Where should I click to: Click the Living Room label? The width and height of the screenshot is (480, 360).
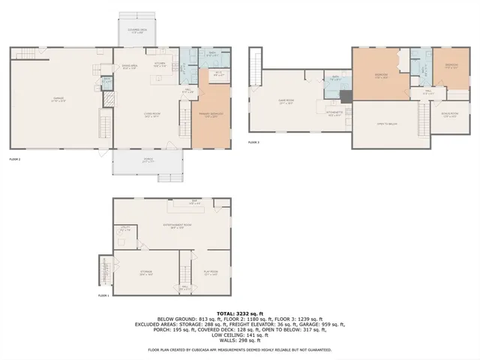[x=152, y=115]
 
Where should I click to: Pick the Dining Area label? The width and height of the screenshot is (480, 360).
[x=130, y=67]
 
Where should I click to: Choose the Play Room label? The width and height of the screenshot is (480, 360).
[x=210, y=273]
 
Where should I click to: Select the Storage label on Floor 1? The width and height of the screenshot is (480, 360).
[x=146, y=273]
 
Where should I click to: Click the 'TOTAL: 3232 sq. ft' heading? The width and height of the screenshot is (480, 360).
[x=240, y=312]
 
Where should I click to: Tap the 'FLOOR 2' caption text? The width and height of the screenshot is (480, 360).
[x=15, y=160]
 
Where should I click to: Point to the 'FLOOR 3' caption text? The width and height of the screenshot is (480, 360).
[x=253, y=142]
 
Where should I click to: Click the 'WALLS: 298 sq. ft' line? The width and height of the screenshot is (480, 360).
[x=240, y=339]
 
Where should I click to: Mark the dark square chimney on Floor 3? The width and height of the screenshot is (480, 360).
[x=345, y=96]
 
